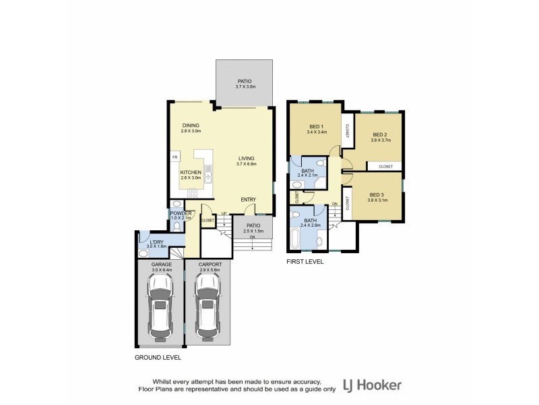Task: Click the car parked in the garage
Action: tap(160, 306)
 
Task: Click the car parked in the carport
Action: tap(208, 306)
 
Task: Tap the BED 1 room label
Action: tap(317, 127)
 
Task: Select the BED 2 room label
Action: tap(381, 135)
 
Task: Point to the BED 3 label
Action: tap(376, 194)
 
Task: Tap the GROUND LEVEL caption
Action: tap(157, 357)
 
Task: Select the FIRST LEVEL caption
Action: tap(305, 261)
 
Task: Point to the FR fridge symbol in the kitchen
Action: tap(175, 157)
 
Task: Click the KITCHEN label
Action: tap(191, 172)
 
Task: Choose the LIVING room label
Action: tap(247, 159)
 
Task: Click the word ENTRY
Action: tap(249, 199)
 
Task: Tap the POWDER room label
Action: tap(181, 213)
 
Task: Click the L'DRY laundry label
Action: tap(156, 242)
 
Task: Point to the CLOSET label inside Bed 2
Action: tap(385, 166)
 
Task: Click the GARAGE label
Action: tap(160, 264)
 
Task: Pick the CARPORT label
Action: tap(208, 264)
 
